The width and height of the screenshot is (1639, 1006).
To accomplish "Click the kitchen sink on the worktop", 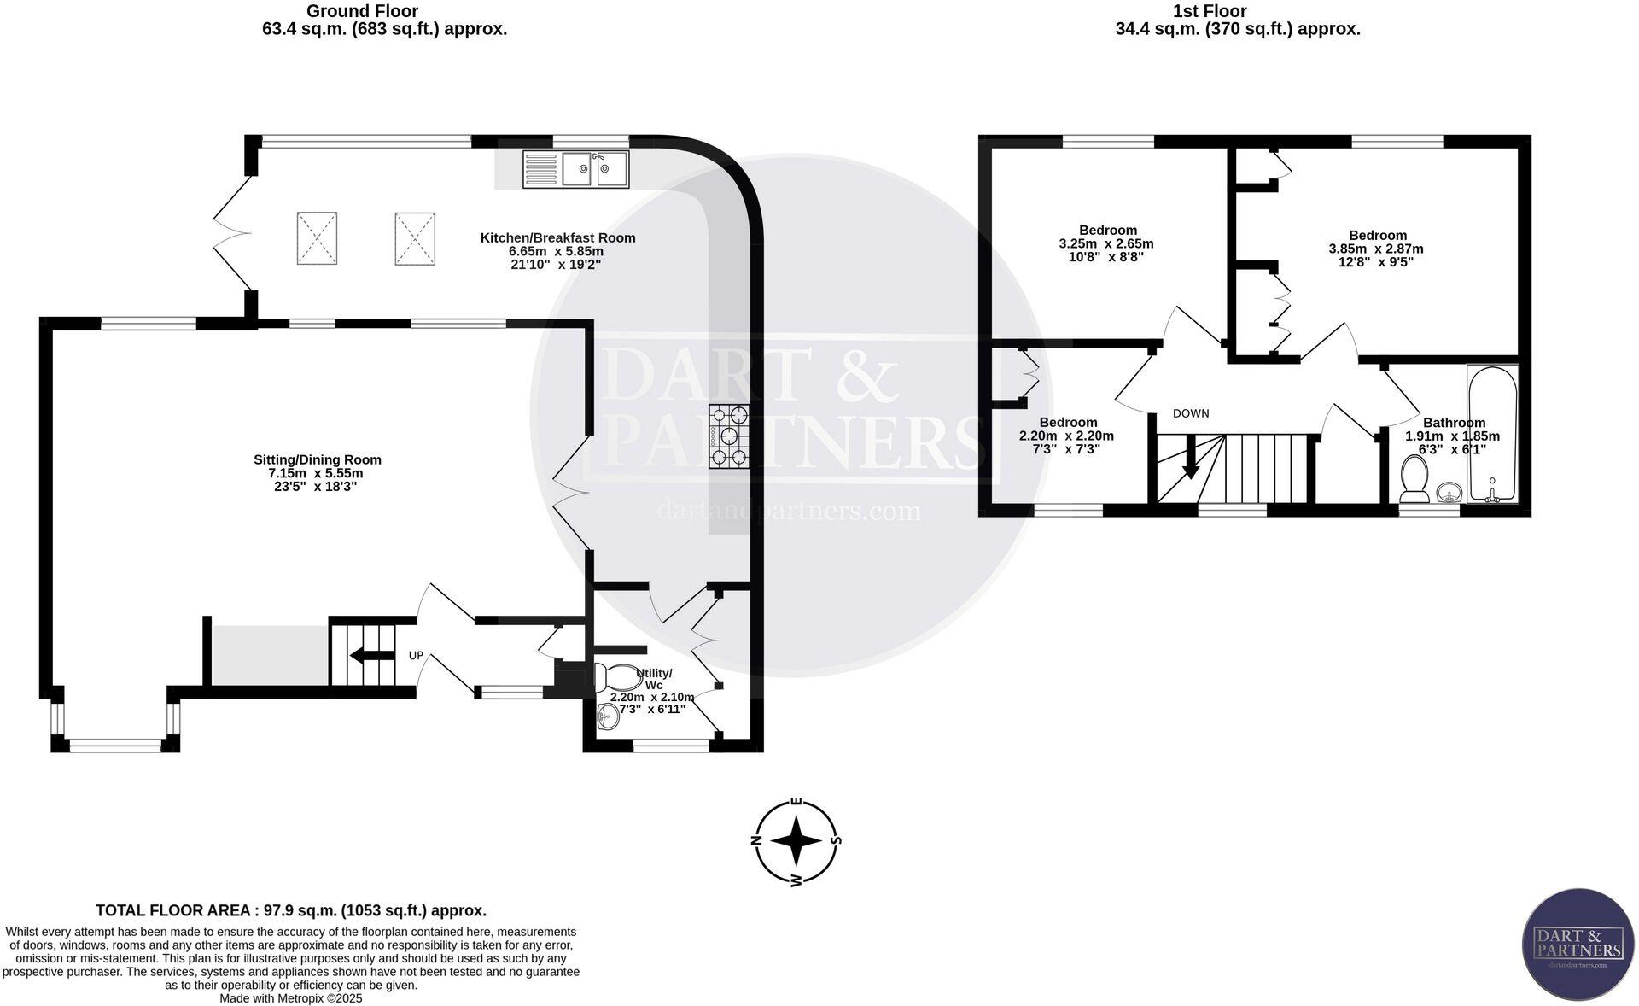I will click(x=576, y=169).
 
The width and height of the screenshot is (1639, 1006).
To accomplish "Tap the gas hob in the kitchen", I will click(x=728, y=436).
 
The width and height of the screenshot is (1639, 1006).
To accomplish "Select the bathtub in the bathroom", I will click(x=1492, y=434).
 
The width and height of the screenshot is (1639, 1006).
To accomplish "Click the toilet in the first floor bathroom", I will click(x=1414, y=479).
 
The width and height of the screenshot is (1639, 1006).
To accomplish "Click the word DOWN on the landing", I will click(x=1190, y=413).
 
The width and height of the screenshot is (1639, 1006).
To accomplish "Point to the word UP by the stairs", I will click(x=416, y=656).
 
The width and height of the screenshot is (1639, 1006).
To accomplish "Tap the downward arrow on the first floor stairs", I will click(x=1190, y=466).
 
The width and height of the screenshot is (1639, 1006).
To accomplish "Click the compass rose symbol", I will click(x=796, y=842).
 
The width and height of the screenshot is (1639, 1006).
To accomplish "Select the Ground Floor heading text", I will click(x=362, y=11).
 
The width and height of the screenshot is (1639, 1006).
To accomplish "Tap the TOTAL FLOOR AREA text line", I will click(x=290, y=910).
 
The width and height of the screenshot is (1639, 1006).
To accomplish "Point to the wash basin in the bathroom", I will click(x=1449, y=493).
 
